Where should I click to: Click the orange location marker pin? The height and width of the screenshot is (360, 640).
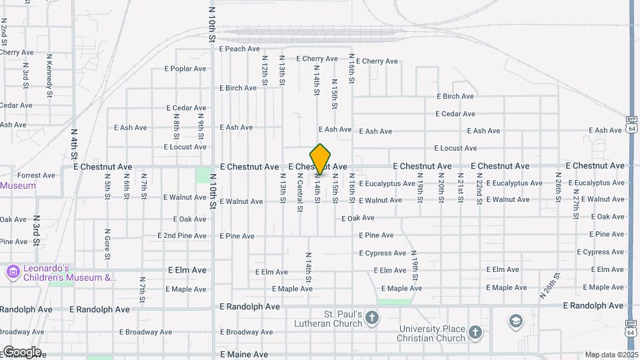pyautogui.click(x=321, y=159)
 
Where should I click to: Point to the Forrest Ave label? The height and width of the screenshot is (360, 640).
pyautogui.click(x=41, y=175)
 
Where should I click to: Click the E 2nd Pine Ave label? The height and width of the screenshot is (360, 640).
pyautogui.click(x=182, y=236)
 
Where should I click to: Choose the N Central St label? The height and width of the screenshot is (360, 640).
pyautogui.click(x=300, y=192)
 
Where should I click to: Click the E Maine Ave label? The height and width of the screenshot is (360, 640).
pyautogui.click(x=244, y=355)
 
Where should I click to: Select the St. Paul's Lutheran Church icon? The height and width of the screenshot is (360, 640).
pyautogui.click(x=372, y=318)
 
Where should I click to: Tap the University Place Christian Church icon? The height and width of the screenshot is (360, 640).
pyautogui.click(x=475, y=332)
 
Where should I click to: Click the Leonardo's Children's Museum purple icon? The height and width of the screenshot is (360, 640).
pyautogui.click(x=12, y=272)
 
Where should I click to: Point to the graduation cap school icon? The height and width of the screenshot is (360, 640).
pyautogui.click(x=515, y=322)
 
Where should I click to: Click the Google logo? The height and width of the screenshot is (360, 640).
pyautogui.click(x=21, y=352)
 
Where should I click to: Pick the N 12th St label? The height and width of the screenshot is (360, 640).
pyautogui.click(x=265, y=70)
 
